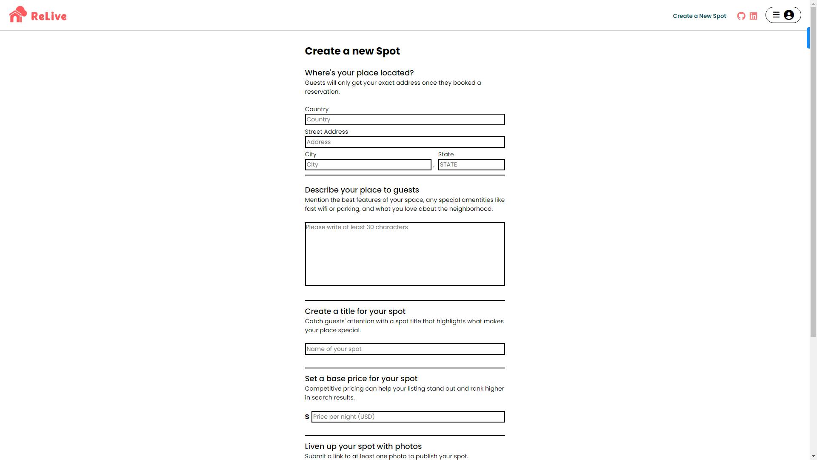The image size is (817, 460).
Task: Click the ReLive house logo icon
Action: [18, 14]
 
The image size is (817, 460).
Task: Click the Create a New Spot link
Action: [699, 16]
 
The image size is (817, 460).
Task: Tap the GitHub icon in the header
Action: [741, 16]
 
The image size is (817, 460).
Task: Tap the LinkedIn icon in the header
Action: [753, 16]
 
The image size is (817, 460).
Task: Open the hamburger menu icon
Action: [776, 15]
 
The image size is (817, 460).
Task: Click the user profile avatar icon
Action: [789, 15]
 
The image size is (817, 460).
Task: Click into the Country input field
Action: [405, 120]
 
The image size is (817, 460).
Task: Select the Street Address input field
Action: [405, 142]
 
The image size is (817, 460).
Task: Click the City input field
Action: [368, 165]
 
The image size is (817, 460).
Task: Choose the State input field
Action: [471, 165]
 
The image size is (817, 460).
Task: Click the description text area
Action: [405, 254]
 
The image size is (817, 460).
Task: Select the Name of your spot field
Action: [405, 349]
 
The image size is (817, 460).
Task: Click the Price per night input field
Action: [408, 417]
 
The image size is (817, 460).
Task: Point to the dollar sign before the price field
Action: [307, 417]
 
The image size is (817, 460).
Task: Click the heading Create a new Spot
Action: [352, 51]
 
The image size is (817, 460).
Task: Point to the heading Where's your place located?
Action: [359, 73]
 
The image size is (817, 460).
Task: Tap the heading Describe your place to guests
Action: [362, 190]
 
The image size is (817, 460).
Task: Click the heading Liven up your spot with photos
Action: [363, 446]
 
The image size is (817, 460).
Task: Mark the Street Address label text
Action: [326, 132]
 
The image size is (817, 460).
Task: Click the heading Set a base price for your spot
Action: [361, 379]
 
